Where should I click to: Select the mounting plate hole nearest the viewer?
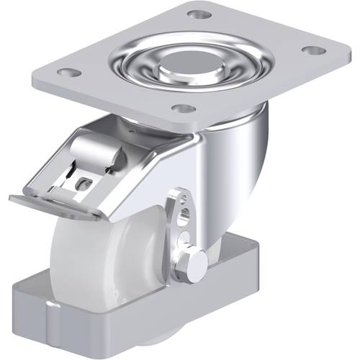184,109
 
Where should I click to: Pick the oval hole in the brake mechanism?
83,182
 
